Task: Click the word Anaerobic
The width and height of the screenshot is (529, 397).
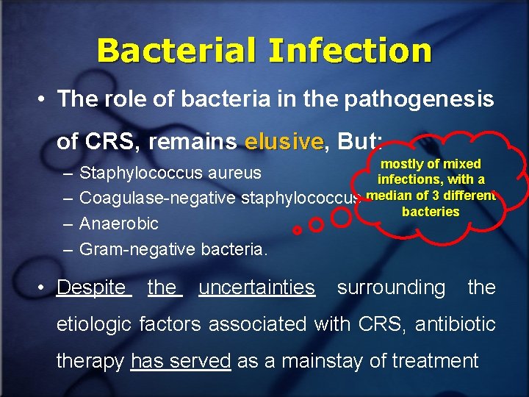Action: (x=119, y=223)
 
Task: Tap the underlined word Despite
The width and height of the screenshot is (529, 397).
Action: (x=92, y=287)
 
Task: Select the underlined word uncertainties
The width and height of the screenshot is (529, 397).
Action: (x=256, y=287)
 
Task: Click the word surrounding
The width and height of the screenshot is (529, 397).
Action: (x=391, y=287)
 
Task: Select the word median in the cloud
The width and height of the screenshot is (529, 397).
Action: (x=386, y=195)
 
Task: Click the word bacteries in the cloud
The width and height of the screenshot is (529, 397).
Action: (x=431, y=212)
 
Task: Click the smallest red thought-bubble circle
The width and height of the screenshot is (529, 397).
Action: (x=297, y=230)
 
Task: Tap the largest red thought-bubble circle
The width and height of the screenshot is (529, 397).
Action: (x=341, y=217)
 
